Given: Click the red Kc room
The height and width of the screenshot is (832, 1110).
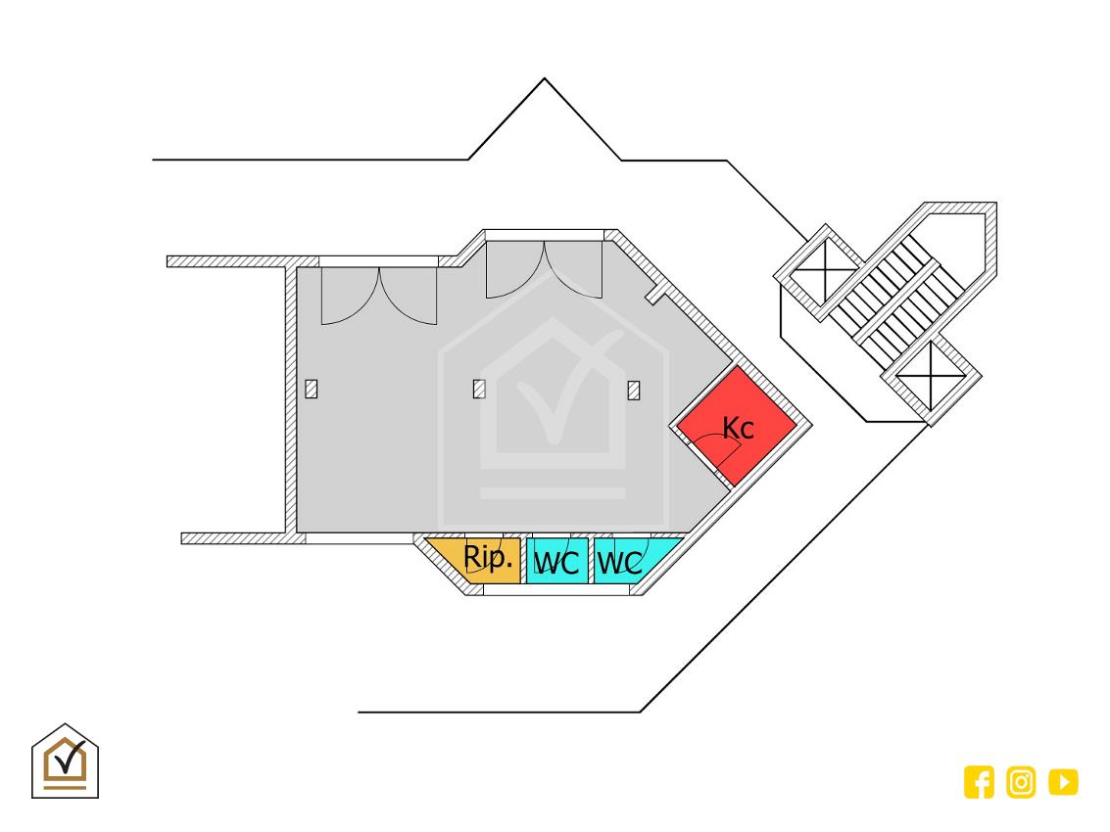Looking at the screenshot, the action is pos(737,425).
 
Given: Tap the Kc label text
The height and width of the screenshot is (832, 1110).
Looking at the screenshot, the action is pos(738,428).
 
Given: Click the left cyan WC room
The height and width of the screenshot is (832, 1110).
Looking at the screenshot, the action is pos(557,561).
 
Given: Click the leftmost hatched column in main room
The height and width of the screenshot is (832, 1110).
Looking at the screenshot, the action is pos(312,390).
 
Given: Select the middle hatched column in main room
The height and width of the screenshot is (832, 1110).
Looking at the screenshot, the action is pos(479,390).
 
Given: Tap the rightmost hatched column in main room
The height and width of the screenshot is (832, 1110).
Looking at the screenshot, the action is pos(634,391).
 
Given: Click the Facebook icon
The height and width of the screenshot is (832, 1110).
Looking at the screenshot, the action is pos(979,782).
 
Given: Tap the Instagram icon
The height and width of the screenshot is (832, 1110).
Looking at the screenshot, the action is pos(1021,782).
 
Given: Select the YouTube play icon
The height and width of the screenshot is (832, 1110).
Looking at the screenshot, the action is pos(1063,782).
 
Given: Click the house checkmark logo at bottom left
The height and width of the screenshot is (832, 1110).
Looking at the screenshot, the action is pos(65,762).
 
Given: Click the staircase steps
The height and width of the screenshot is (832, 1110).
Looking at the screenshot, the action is pos(895,299).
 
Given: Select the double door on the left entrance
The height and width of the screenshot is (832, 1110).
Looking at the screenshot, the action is pos(379,297).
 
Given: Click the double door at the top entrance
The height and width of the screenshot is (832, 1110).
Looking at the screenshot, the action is pos(545,269).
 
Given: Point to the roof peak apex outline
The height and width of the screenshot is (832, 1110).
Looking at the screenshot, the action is pos(545,78).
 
